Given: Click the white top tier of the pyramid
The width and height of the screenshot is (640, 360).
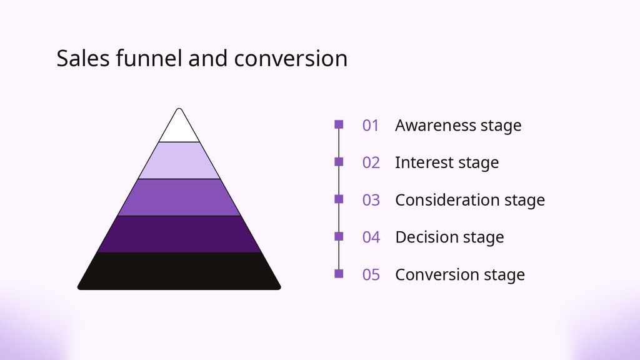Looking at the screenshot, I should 179,129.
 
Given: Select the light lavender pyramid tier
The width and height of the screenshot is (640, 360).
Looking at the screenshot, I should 179,161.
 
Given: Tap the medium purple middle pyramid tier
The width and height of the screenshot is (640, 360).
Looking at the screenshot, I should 179,197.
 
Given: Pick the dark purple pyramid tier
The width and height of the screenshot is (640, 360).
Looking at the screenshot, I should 179,234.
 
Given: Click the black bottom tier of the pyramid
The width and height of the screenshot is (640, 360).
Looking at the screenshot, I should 179,271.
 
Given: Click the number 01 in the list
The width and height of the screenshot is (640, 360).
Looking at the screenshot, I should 371,126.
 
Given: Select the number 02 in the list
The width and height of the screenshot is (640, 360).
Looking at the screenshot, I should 371,163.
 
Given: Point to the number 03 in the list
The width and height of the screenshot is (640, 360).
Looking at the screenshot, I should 371,201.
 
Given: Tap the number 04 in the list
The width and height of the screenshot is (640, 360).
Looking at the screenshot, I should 371,237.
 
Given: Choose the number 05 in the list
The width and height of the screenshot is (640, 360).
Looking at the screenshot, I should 371,275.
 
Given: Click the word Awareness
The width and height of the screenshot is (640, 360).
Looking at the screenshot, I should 435,126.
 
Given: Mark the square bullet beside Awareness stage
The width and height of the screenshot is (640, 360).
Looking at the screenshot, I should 339,124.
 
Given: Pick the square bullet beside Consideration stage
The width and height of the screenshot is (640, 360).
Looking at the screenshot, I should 339,199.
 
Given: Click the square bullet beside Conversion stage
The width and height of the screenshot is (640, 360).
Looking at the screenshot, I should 339,273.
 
